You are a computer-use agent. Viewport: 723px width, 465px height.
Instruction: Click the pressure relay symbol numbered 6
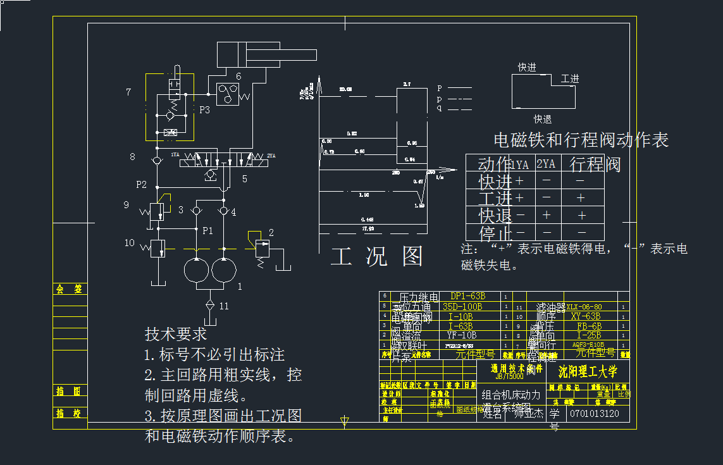point(225,94)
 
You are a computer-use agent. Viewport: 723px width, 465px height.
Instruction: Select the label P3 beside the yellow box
point(204,110)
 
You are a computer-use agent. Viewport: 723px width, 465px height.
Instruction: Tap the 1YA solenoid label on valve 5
point(175,155)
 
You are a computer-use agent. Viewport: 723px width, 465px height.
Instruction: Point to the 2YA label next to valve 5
point(271,156)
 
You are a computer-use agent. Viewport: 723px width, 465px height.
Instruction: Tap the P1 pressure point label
point(207,230)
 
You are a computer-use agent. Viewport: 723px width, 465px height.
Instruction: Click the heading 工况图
point(377,256)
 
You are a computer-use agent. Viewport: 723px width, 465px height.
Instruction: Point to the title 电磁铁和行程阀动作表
point(581,140)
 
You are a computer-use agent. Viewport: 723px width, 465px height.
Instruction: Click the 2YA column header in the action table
point(546,164)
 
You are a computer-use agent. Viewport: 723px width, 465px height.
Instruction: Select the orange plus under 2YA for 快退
point(547,215)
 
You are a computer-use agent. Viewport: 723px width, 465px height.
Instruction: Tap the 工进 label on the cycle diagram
point(569,79)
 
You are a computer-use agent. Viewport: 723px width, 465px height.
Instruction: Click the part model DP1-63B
point(467,296)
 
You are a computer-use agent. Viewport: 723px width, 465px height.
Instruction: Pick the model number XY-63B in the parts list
point(584,316)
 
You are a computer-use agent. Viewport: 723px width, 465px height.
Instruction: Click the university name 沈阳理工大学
point(588,371)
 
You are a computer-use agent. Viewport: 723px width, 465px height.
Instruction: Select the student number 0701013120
point(594,414)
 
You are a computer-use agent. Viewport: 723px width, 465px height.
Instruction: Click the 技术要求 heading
point(176,334)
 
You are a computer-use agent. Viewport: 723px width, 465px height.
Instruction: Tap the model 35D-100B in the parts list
point(462,306)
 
